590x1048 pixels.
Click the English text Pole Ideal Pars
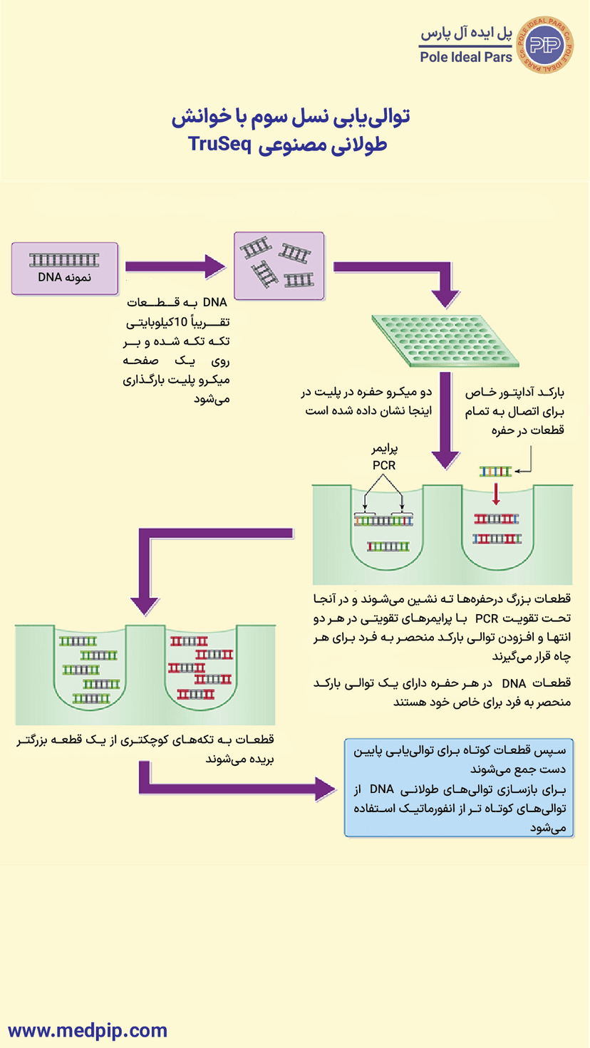466,57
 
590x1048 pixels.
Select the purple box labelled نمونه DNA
64,269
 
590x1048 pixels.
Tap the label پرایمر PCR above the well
384,457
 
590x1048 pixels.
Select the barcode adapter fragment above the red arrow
495,472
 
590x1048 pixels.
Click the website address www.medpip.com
88,1030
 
